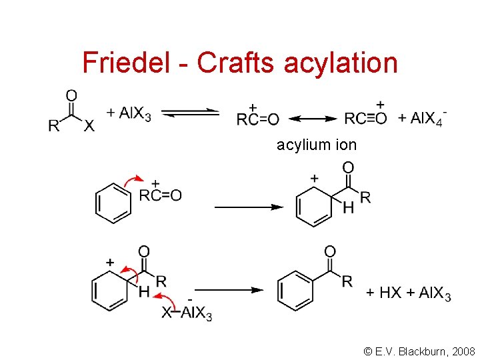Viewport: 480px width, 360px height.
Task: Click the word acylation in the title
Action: [x=341, y=63]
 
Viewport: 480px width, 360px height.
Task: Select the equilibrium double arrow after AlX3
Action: [x=191, y=113]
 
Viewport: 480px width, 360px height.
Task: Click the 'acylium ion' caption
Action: [x=317, y=145]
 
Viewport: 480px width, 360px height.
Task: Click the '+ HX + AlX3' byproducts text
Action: [x=408, y=293]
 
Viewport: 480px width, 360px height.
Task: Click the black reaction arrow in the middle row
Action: [x=249, y=207]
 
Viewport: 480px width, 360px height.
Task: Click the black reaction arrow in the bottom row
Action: [x=228, y=291]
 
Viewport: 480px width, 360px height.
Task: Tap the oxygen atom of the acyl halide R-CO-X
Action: [x=71, y=95]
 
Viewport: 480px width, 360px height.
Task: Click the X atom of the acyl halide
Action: [x=89, y=127]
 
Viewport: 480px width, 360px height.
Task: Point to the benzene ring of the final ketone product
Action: [x=295, y=289]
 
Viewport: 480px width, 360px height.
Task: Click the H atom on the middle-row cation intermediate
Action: [x=348, y=209]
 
